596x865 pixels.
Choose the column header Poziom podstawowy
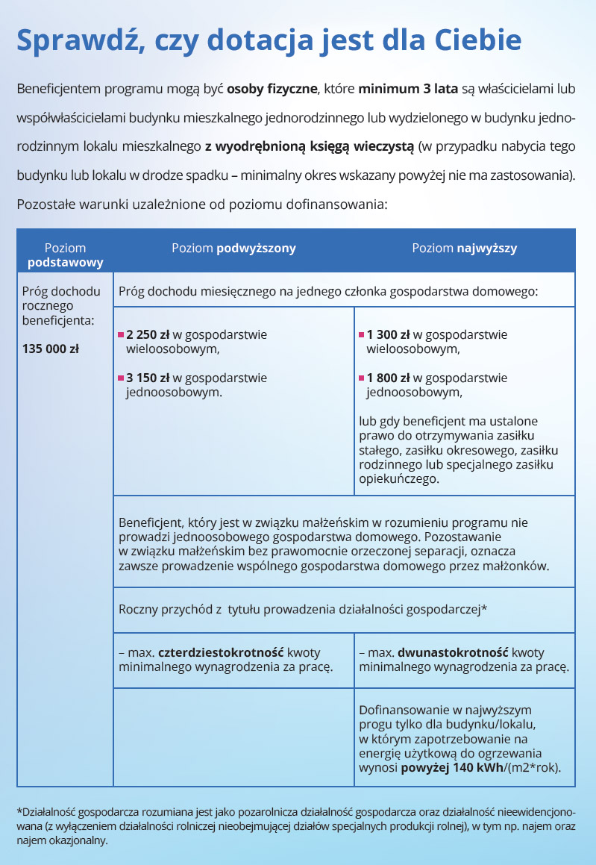pyautogui.click(x=65, y=255)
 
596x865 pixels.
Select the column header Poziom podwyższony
pyautogui.click(x=233, y=249)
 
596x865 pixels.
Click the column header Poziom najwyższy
pyautogui.click(x=464, y=249)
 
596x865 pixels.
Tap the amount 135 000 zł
pyautogui.click(x=51, y=349)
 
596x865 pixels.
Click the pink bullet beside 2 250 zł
pyautogui.click(x=121, y=335)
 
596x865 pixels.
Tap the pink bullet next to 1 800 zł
pyautogui.click(x=361, y=378)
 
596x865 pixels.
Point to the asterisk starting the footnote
pyautogui.click(x=19, y=811)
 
